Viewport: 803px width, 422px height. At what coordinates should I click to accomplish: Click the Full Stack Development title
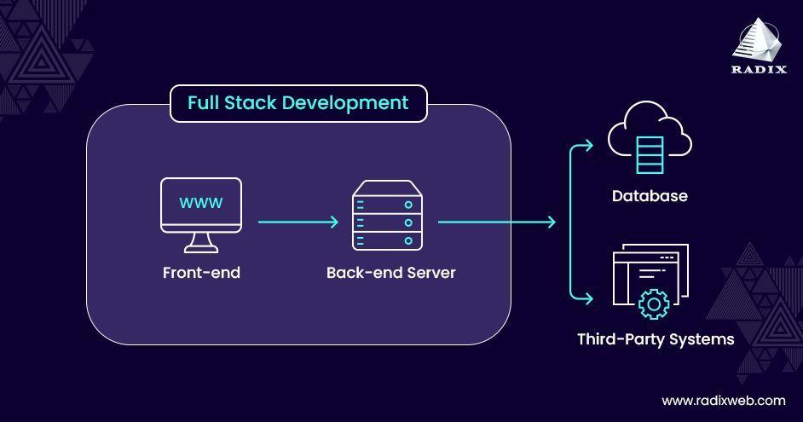pos(298,103)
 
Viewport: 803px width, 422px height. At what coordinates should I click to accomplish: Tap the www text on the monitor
pos(201,203)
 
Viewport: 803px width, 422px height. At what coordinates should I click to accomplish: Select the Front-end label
pos(201,273)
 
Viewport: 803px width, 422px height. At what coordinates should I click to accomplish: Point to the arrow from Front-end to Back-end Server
pos(298,222)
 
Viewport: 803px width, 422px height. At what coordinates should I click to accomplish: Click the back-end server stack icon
pos(387,215)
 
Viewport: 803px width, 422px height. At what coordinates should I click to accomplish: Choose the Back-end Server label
pos(390,273)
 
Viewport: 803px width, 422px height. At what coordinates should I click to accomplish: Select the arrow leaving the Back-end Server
pos(497,222)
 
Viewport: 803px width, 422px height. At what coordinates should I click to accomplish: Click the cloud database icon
pos(650,137)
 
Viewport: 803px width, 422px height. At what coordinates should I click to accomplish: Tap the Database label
pos(650,195)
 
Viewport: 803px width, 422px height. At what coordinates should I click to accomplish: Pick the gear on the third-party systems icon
pos(654,304)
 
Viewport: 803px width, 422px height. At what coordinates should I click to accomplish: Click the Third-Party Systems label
pos(656,339)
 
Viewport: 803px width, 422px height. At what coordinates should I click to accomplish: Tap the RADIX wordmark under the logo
pos(759,70)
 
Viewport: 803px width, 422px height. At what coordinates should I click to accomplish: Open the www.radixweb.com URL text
pos(724,401)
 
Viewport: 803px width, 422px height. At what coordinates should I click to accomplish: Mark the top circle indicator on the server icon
pos(408,205)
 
